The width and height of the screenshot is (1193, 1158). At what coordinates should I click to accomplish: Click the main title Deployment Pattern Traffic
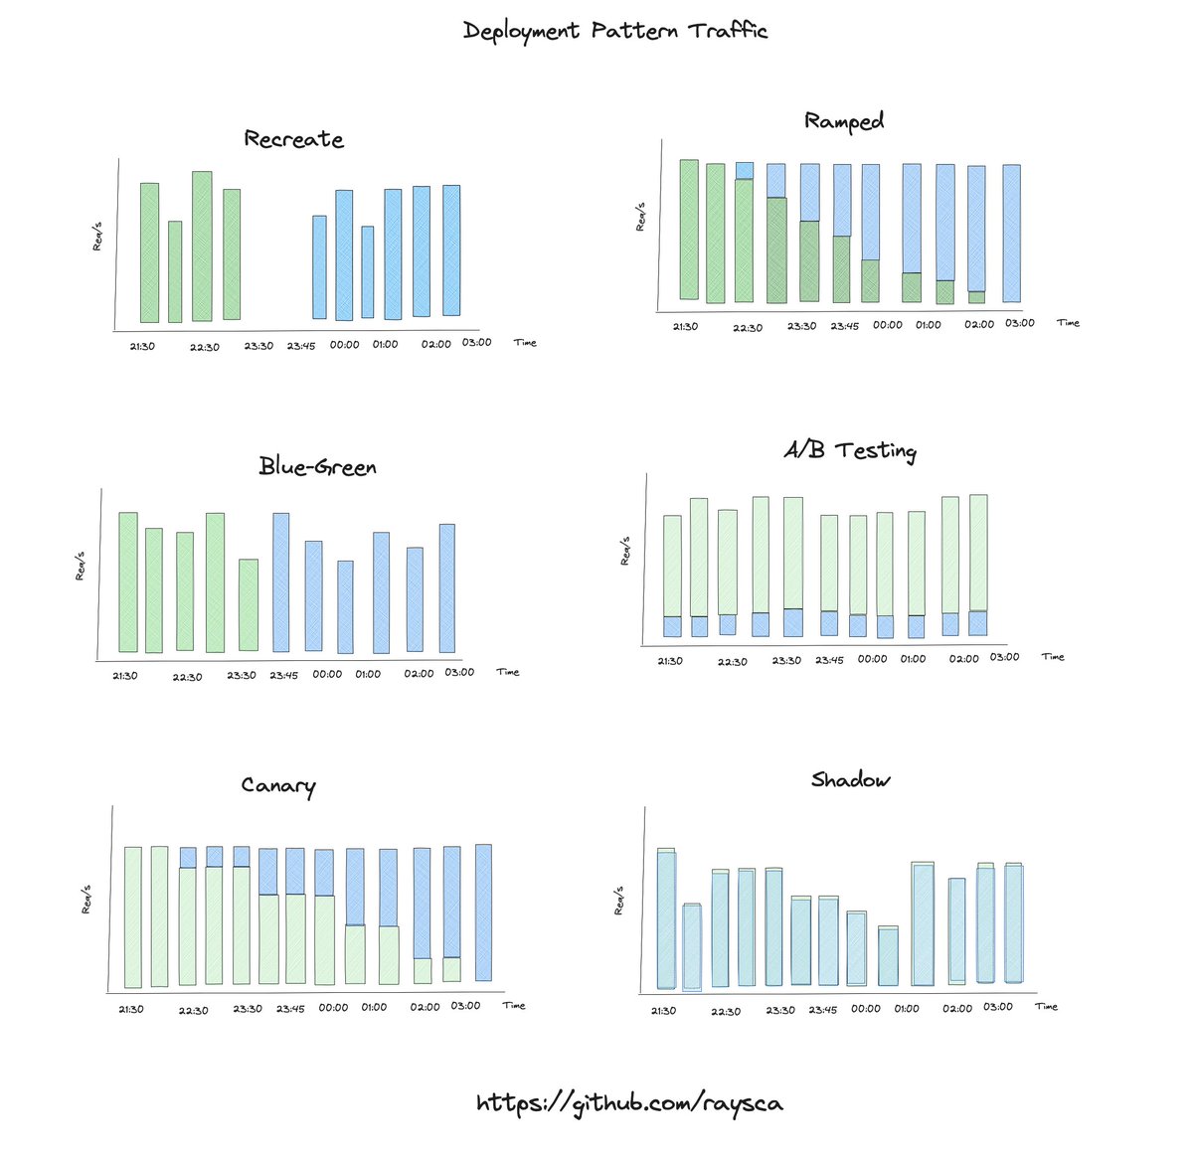click(615, 31)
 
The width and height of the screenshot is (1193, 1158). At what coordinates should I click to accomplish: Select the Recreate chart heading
click(293, 139)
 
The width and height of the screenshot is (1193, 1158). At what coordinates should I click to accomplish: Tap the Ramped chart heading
click(844, 121)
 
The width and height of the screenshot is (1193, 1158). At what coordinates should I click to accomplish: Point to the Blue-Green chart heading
click(317, 466)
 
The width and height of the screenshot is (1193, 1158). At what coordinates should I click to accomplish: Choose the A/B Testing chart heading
click(849, 450)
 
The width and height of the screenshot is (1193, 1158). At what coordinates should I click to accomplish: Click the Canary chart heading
click(277, 786)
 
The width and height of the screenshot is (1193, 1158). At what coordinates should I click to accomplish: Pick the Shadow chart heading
click(850, 779)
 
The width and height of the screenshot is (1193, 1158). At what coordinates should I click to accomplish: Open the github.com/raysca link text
click(629, 1102)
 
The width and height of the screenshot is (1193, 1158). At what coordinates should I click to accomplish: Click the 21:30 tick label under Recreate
click(142, 346)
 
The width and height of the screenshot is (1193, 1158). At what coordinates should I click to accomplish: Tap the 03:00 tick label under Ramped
click(1019, 323)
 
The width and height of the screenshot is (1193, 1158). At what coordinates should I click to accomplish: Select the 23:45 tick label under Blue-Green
click(283, 675)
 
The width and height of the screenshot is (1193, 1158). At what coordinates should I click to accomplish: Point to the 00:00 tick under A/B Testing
click(872, 659)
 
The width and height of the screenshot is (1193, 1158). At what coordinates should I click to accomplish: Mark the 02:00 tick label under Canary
click(425, 1007)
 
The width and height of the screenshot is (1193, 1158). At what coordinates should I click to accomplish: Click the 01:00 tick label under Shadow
click(907, 1009)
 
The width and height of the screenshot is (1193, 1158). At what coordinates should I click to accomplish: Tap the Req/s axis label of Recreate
click(97, 238)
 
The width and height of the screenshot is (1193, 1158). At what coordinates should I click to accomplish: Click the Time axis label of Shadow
click(1046, 1007)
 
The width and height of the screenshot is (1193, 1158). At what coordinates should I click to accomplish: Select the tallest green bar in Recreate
click(202, 247)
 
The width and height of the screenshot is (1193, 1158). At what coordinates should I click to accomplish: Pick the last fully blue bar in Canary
click(484, 912)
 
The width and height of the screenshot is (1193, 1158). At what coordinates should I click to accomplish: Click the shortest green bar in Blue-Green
click(249, 604)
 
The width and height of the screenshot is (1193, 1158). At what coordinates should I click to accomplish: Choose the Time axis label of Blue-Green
click(508, 673)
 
